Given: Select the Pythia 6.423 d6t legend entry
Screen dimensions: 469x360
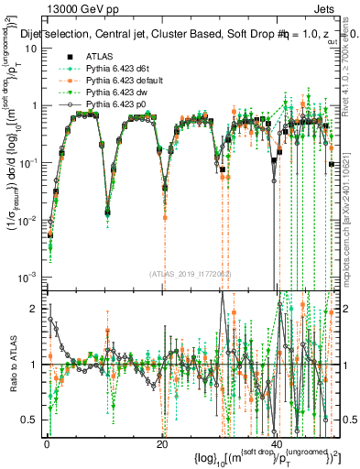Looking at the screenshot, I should (116, 69).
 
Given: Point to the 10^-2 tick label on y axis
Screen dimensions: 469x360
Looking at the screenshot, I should (29, 220).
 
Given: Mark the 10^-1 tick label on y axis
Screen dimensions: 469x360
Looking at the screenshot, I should (29, 162).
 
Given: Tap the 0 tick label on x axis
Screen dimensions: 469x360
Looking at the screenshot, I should (47, 443).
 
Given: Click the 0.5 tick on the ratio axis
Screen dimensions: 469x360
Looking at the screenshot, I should (32, 420).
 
